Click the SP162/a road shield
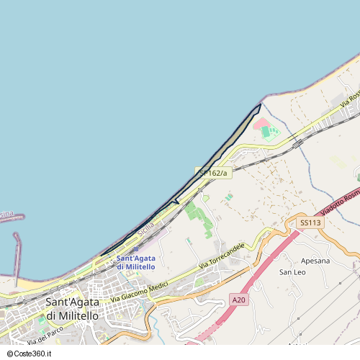tap(213, 173)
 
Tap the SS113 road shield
tap(310, 223)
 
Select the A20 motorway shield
tap(239, 299)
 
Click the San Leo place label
tap(292, 272)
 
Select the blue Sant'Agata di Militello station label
tap(135, 262)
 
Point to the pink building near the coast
tap(260, 123)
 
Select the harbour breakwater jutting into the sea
tap(16, 248)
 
